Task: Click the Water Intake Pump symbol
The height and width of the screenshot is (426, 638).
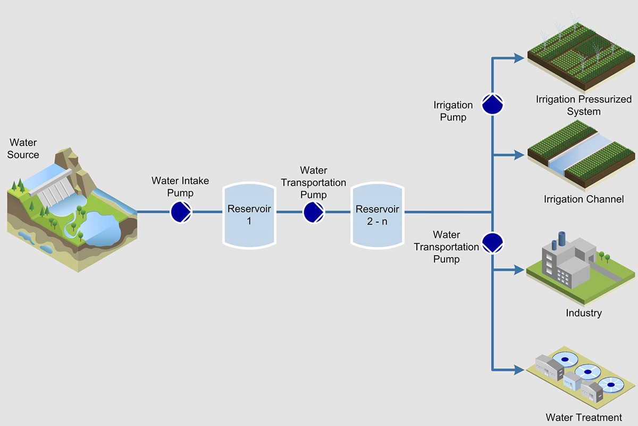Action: click(181, 212)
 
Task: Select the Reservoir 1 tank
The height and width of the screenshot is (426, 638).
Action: click(249, 214)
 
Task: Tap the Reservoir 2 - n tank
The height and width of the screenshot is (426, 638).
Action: click(377, 215)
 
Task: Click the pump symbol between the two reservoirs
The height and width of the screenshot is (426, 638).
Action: click(314, 212)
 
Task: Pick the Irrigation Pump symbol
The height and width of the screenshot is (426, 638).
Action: click(492, 104)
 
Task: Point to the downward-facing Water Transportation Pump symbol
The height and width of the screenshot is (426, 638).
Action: click(492, 243)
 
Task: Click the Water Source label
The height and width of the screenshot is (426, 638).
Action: click(23, 149)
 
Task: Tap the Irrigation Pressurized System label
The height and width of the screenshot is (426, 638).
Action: click(583, 105)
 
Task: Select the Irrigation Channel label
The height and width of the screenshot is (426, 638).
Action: click(583, 199)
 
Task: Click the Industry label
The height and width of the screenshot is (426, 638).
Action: click(583, 313)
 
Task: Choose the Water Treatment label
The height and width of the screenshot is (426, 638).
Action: click(583, 417)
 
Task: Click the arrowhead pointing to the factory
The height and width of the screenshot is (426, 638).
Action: click(519, 270)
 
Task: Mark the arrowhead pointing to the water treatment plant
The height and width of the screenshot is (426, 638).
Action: click(519, 369)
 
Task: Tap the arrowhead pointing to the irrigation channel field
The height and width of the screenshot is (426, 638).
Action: click(519, 155)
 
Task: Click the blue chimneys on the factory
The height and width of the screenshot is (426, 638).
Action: click(558, 240)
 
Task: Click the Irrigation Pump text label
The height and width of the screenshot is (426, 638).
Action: click(453, 111)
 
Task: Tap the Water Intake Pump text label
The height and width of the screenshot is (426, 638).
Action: click(180, 187)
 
